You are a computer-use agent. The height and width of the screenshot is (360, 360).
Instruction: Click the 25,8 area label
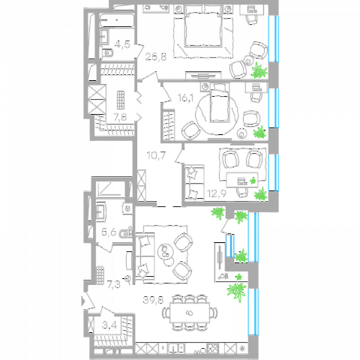click(156, 57)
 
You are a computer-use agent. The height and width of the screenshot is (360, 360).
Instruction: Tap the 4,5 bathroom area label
click(122, 44)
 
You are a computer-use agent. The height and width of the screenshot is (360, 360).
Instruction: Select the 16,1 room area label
click(185, 97)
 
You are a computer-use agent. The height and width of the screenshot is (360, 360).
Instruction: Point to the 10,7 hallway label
click(156, 155)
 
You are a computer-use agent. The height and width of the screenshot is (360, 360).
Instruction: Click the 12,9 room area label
click(217, 193)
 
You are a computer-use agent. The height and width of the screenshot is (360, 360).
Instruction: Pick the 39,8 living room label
click(153, 300)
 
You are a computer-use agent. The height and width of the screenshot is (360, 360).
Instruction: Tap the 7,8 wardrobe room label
click(120, 117)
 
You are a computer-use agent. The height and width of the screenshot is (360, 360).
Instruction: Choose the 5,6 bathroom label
click(109, 232)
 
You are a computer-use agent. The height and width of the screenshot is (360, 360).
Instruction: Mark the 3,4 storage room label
click(109, 325)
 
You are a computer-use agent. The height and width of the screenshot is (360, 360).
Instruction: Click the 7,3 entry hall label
click(114, 284)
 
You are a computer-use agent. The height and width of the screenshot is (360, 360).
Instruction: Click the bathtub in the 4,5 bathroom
click(117, 20)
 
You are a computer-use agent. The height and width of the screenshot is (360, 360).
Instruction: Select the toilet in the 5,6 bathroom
click(125, 233)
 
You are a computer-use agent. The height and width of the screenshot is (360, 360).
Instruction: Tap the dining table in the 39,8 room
click(190, 313)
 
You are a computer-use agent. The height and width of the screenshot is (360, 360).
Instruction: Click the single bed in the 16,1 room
click(220, 103)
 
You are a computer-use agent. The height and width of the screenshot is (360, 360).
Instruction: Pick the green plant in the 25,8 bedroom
click(259, 70)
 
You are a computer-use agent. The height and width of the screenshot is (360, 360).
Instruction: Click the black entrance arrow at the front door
click(83, 301)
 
